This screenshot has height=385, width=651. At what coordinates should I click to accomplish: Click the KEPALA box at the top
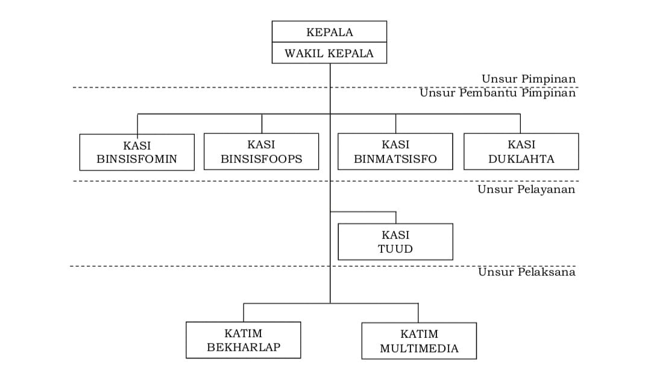[x=329, y=31]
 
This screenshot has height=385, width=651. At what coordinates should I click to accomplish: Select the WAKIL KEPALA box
[x=329, y=53]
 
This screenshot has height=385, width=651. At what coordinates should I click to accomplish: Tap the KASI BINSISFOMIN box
[x=137, y=152]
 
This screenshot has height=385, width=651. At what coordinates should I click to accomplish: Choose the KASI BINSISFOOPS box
[x=261, y=151]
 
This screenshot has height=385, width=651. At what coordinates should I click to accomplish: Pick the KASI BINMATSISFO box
[x=395, y=151]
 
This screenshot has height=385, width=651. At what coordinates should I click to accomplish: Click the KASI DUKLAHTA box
[x=521, y=151]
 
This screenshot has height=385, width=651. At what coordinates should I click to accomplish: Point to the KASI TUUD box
[x=395, y=241]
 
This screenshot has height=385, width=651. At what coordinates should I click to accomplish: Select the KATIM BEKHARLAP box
[x=244, y=340]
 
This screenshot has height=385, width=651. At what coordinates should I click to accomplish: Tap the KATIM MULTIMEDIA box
[x=419, y=341]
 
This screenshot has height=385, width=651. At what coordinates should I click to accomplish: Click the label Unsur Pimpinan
[x=529, y=78]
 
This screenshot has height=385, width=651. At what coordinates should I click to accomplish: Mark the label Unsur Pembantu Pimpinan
[x=497, y=93]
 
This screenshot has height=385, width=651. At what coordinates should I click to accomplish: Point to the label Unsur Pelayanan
[x=526, y=189]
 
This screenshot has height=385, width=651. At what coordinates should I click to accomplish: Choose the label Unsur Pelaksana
[x=526, y=272]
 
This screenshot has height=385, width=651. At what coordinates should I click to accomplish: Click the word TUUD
[x=395, y=249]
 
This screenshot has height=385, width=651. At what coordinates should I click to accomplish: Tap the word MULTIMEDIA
[x=420, y=348]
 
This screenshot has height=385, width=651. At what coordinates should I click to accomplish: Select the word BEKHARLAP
[x=244, y=347]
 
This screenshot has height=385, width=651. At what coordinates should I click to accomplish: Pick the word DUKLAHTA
[x=521, y=159]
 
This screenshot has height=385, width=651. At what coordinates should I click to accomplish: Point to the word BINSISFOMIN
[x=137, y=159]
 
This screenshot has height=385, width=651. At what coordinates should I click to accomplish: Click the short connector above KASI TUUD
[x=395, y=217]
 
